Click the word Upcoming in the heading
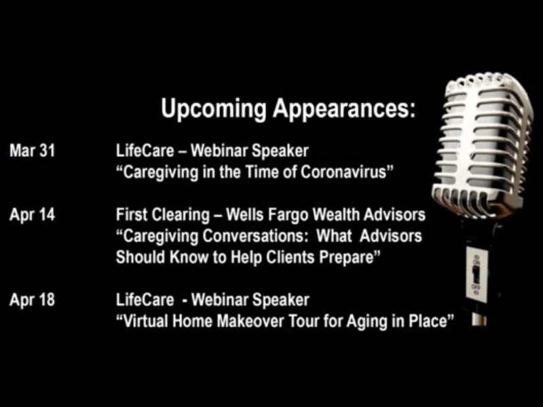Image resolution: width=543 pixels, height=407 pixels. coord(213,109)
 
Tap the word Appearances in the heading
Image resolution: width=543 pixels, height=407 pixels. coord(344,109)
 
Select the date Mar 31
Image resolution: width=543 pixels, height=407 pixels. coord(32,151)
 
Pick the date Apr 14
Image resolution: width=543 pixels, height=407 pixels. coord(32,215)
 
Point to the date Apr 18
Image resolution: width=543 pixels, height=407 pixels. coord(32,300)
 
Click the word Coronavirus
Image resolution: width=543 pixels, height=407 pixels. coord(347,172)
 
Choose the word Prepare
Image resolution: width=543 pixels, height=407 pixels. coord(350,258)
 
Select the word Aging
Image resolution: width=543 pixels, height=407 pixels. coord(367,322)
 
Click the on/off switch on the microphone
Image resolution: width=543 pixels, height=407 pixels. coord(476,273)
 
